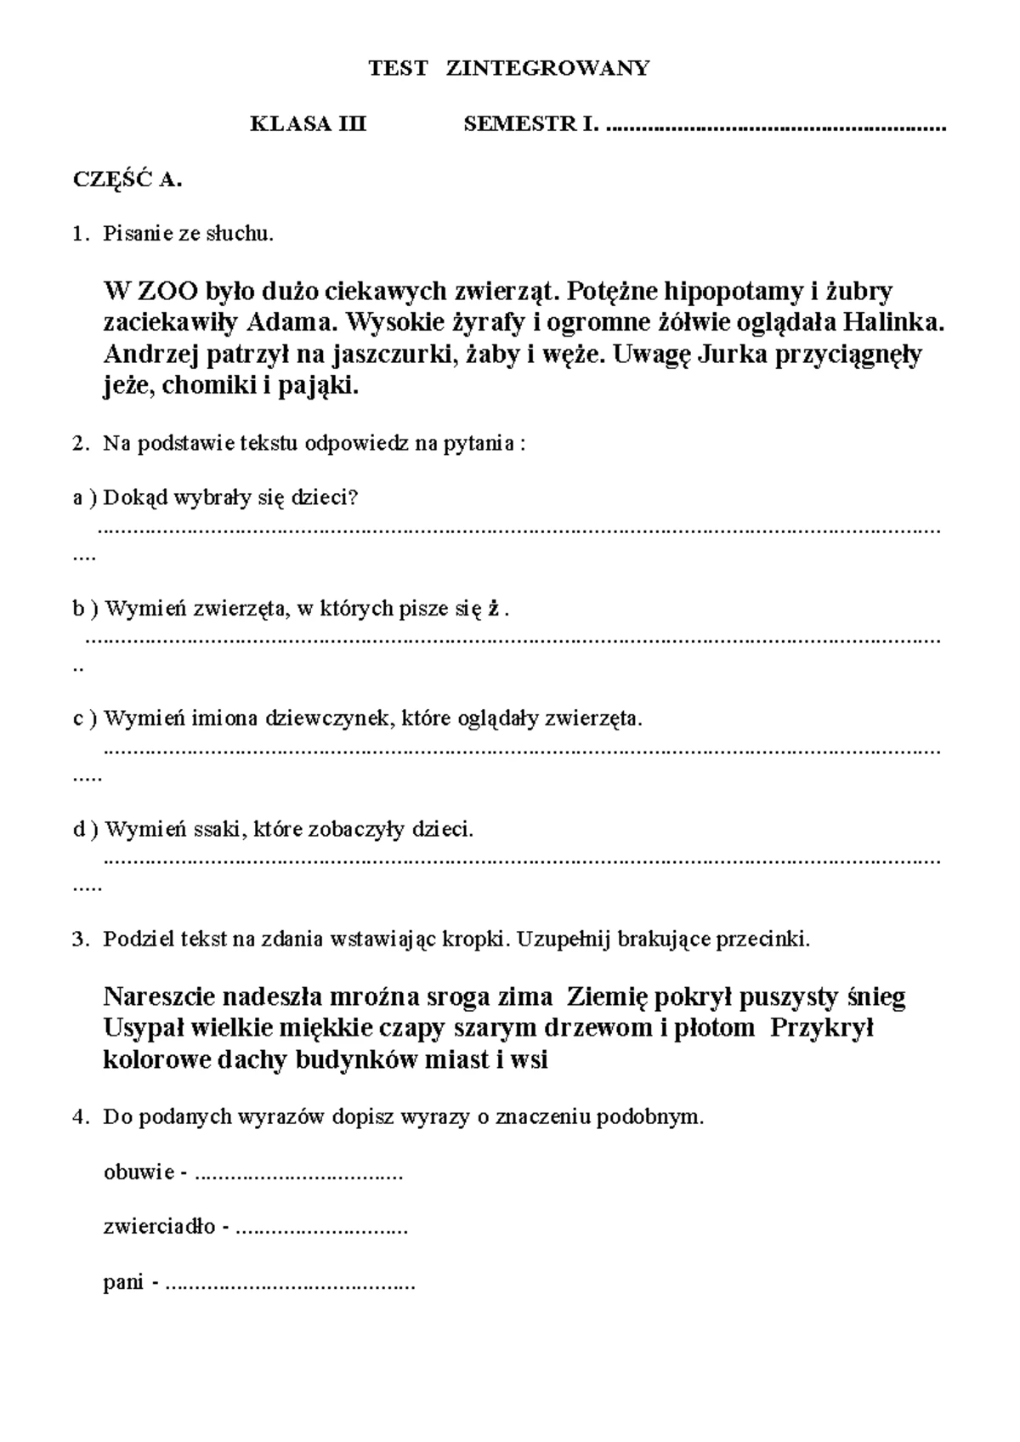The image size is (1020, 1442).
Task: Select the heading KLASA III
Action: pos(308,124)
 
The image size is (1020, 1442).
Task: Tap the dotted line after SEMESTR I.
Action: pos(777,128)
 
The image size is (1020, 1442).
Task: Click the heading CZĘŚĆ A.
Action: pos(127,179)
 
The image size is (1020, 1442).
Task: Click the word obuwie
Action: pos(138,1172)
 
